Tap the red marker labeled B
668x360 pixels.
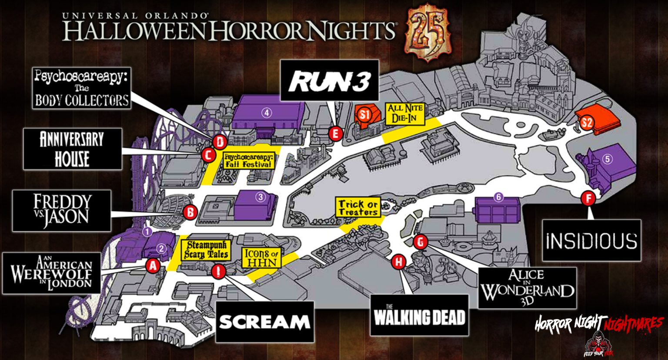[x=190, y=213]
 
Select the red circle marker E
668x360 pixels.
[x=334, y=133]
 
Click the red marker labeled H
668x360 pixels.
[x=398, y=262]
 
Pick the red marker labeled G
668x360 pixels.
[x=420, y=242]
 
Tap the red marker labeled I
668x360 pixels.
[x=218, y=272]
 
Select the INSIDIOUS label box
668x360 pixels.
[x=591, y=240]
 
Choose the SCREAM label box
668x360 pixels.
[x=264, y=322]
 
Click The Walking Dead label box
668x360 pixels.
[x=420, y=315]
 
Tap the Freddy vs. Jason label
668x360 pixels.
[x=61, y=210]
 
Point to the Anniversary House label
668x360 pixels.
[x=72, y=149]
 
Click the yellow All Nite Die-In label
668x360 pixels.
[x=405, y=114]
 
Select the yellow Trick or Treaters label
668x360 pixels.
[x=358, y=207]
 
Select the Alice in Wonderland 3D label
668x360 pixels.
[x=527, y=287]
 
